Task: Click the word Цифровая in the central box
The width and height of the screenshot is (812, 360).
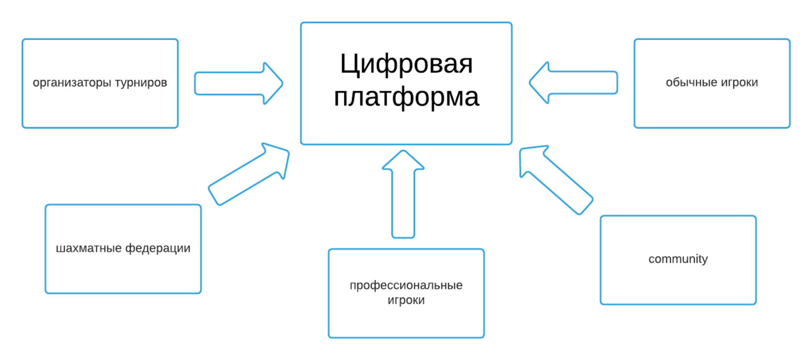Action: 406,64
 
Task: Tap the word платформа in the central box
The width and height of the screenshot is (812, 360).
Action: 406,97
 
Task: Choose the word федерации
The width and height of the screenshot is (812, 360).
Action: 158,248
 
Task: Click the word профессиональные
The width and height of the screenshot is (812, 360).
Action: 406,286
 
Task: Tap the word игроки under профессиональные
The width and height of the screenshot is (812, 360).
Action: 406,300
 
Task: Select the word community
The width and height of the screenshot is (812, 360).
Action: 678,259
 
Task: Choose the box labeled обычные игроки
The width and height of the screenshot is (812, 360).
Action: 711,106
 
